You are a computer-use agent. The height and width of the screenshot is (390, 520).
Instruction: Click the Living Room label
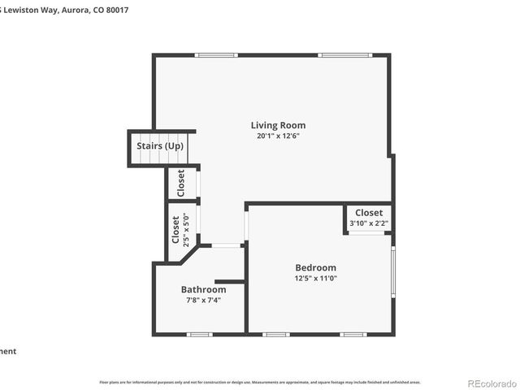278,125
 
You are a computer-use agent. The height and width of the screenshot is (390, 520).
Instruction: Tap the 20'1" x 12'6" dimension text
278,136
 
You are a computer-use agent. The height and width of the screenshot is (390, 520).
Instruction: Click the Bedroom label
315,267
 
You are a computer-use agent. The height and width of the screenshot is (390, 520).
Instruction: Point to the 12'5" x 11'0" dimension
315,279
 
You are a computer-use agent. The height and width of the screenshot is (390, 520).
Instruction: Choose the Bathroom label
203,289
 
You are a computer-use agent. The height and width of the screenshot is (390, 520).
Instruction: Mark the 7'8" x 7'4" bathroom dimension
203,300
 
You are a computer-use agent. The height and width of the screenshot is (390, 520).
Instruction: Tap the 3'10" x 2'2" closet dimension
369,223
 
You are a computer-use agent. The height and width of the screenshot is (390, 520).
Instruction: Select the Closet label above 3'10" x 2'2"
369,213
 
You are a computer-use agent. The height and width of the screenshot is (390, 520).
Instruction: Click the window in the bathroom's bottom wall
199,334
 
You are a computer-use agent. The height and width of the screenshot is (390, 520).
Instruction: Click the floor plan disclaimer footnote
259,381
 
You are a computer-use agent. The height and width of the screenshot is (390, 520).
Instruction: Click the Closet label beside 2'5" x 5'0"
175,229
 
